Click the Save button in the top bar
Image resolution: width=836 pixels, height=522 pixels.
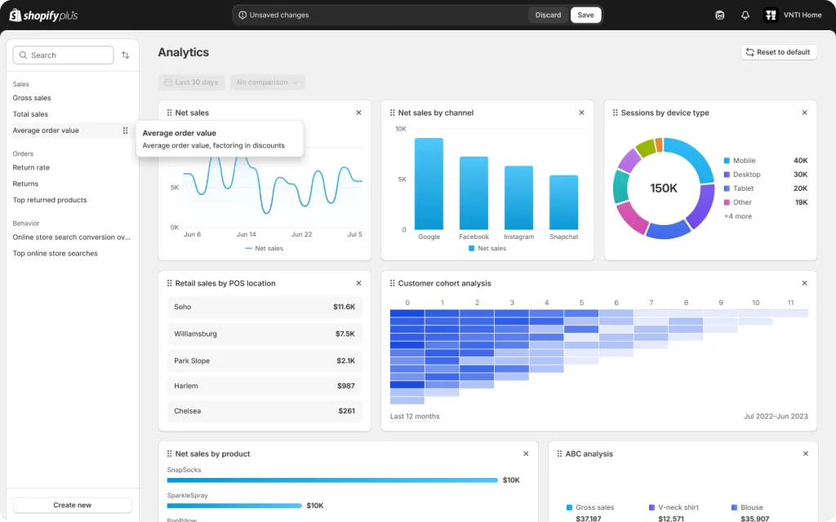pos(585,15)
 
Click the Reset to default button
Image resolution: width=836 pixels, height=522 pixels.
pos(778,52)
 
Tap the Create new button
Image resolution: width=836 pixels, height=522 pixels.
pos(73,505)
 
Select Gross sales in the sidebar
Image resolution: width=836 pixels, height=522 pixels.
pos(32,98)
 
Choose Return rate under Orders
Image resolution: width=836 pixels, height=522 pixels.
pos(31,167)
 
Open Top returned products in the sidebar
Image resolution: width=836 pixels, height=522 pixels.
pos(50,200)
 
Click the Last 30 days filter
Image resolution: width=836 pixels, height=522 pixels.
pos(191,82)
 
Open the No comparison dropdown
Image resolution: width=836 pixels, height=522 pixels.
pos(267,82)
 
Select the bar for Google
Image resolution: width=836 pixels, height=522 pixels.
pos(429,184)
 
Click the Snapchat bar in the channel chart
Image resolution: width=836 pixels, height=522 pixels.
pos(563,202)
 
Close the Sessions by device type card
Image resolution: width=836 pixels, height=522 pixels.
pos(804,113)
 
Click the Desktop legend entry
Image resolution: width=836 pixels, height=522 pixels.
pos(746,175)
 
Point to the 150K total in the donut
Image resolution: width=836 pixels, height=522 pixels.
pos(664,188)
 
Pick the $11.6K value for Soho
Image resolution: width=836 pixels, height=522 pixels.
pos(344,307)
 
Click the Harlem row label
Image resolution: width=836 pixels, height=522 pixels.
pos(186,386)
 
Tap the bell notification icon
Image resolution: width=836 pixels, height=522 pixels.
pos(745,15)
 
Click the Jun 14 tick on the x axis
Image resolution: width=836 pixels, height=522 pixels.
pos(246,234)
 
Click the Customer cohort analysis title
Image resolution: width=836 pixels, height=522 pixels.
pos(444,283)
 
